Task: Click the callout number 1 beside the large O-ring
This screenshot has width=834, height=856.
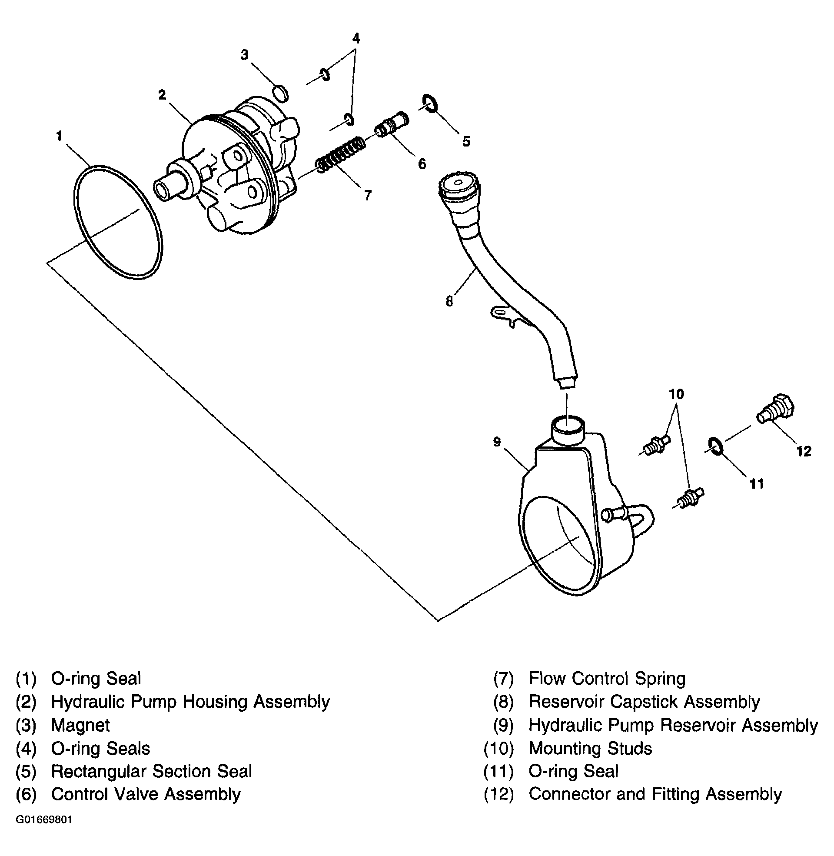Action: pos(60,136)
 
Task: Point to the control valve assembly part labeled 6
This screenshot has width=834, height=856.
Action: pos(391,124)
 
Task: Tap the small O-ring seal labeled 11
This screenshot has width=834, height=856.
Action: pos(715,446)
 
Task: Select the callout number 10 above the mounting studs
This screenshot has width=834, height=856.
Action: pos(676,394)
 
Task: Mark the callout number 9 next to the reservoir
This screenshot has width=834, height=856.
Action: pos(497,442)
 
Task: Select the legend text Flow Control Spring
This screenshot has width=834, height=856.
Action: pos(607,679)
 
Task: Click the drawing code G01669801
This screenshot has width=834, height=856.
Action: pos(44,819)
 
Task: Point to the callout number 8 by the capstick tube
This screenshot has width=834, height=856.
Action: pos(449,301)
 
